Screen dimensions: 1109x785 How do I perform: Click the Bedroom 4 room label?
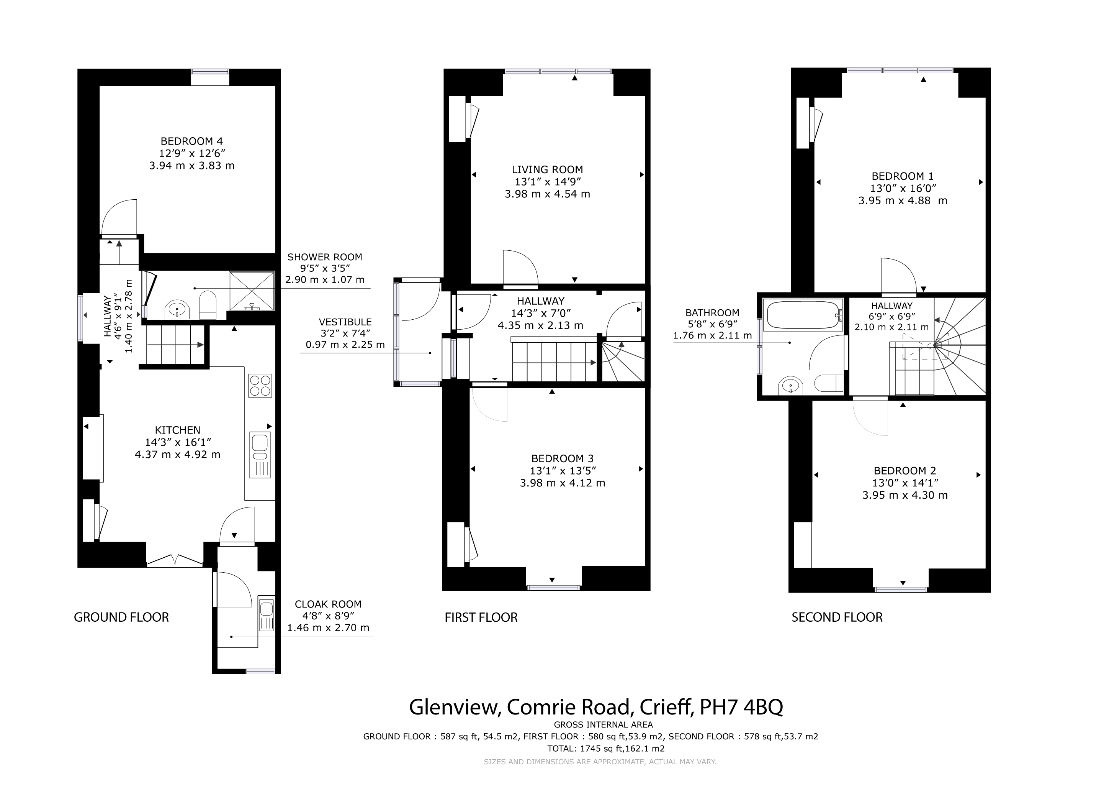192,141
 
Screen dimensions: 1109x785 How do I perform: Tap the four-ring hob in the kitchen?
260,385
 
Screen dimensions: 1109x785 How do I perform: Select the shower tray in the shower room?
251,291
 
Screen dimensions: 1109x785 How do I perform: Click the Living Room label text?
547,170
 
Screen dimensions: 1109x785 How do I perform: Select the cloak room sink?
266,614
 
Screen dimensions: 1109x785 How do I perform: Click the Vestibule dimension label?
345,333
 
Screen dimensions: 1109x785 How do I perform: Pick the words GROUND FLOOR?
121,617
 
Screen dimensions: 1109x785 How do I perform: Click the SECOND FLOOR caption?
837,617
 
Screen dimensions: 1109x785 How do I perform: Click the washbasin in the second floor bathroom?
791,386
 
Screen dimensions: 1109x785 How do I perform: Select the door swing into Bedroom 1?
899,276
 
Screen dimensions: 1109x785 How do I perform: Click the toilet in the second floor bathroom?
829,383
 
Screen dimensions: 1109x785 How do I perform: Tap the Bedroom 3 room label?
562,459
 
